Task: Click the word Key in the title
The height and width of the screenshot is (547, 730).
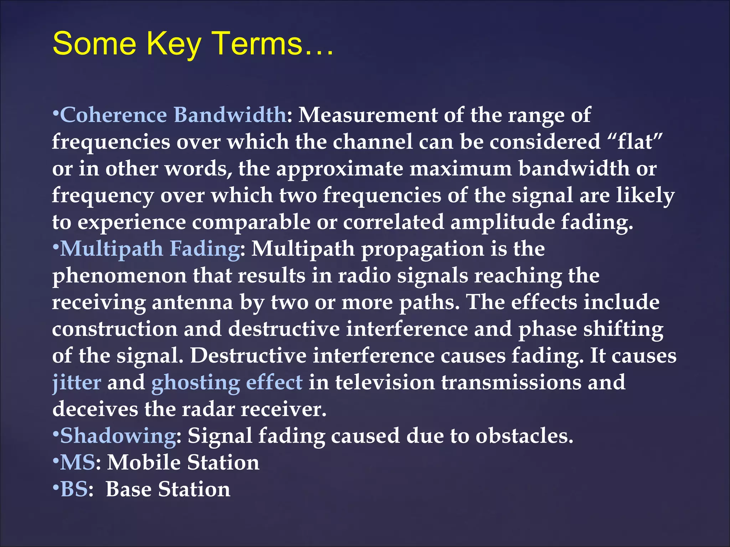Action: click(174, 44)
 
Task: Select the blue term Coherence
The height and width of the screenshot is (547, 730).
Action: click(113, 115)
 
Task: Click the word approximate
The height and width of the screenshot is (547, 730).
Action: click(340, 169)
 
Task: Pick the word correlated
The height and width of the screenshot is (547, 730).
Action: click(394, 222)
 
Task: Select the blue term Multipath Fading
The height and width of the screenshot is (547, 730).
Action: click(150, 249)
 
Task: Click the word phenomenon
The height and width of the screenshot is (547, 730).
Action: click(119, 276)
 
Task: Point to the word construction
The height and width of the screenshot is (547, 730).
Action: click(115, 329)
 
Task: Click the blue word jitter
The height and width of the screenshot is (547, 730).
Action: click(77, 382)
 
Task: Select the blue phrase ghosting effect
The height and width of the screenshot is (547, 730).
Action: click(227, 382)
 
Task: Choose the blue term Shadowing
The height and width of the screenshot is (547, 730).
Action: click(118, 436)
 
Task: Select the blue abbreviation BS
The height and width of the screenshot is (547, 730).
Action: click(74, 489)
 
